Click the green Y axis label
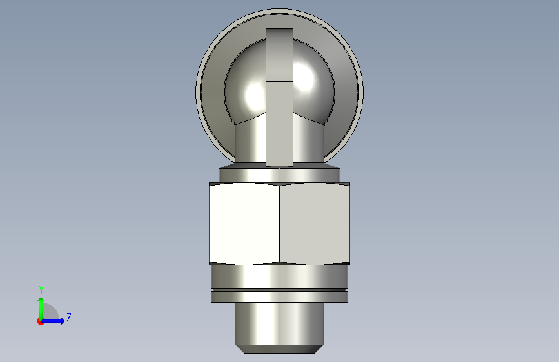point(41,289)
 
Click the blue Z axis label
point(69,317)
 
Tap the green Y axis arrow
point(41,309)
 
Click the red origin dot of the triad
point(40,321)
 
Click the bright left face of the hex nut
point(244,224)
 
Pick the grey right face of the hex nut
point(315,224)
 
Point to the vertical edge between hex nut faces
point(280,224)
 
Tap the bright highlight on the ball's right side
point(304,79)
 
